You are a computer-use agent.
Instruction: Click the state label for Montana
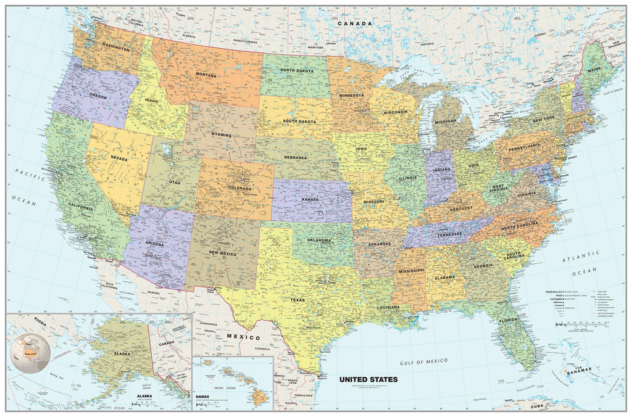(206, 75)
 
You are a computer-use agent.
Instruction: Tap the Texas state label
(297, 300)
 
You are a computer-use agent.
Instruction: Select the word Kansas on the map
(310, 200)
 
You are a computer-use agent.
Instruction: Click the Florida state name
(509, 320)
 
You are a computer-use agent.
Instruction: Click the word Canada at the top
(356, 23)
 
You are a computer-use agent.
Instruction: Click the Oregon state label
(98, 97)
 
